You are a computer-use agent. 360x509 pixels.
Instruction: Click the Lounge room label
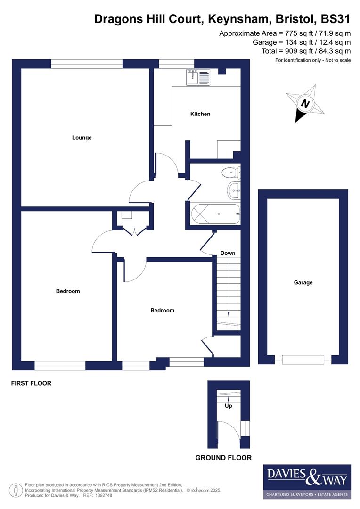click(x=82, y=138)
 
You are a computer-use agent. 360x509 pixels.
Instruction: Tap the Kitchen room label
click(x=200, y=114)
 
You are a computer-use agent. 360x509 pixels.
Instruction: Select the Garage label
click(x=303, y=283)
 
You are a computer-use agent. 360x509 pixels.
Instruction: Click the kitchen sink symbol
click(x=198, y=77)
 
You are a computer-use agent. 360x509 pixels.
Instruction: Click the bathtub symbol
click(x=215, y=214)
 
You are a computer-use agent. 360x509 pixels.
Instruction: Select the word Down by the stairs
click(x=228, y=254)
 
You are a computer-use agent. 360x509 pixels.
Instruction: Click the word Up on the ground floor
click(x=229, y=406)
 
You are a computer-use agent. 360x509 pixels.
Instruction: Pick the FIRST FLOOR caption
click(x=31, y=384)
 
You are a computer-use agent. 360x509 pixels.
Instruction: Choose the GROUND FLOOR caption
click(x=223, y=458)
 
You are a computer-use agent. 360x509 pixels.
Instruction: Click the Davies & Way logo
click(x=307, y=481)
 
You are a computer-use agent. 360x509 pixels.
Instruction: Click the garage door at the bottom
click(x=303, y=360)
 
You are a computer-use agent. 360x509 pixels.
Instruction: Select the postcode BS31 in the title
click(x=335, y=19)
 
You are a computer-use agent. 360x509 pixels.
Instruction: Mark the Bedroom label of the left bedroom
click(x=68, y=291)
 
